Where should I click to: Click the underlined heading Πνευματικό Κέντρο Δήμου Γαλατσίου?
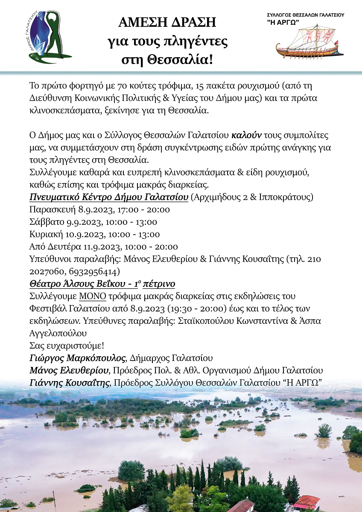click(109, 197)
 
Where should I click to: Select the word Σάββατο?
click(47, 222)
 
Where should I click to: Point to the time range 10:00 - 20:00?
click(151, 247)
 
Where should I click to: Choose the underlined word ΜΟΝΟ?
click(90, 296)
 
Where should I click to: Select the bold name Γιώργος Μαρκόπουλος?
click(77, 358)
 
